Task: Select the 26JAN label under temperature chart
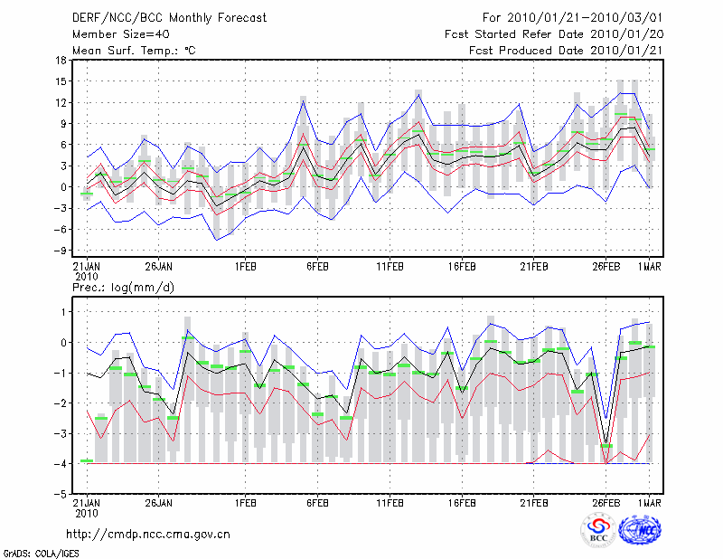[158, 267]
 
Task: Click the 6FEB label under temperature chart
[316, 267]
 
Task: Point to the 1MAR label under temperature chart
[650, 267]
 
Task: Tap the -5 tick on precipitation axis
[61, 495]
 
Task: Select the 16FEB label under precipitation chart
[462, 502]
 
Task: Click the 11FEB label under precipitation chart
[390, 502]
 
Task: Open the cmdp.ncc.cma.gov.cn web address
[149, 534]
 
